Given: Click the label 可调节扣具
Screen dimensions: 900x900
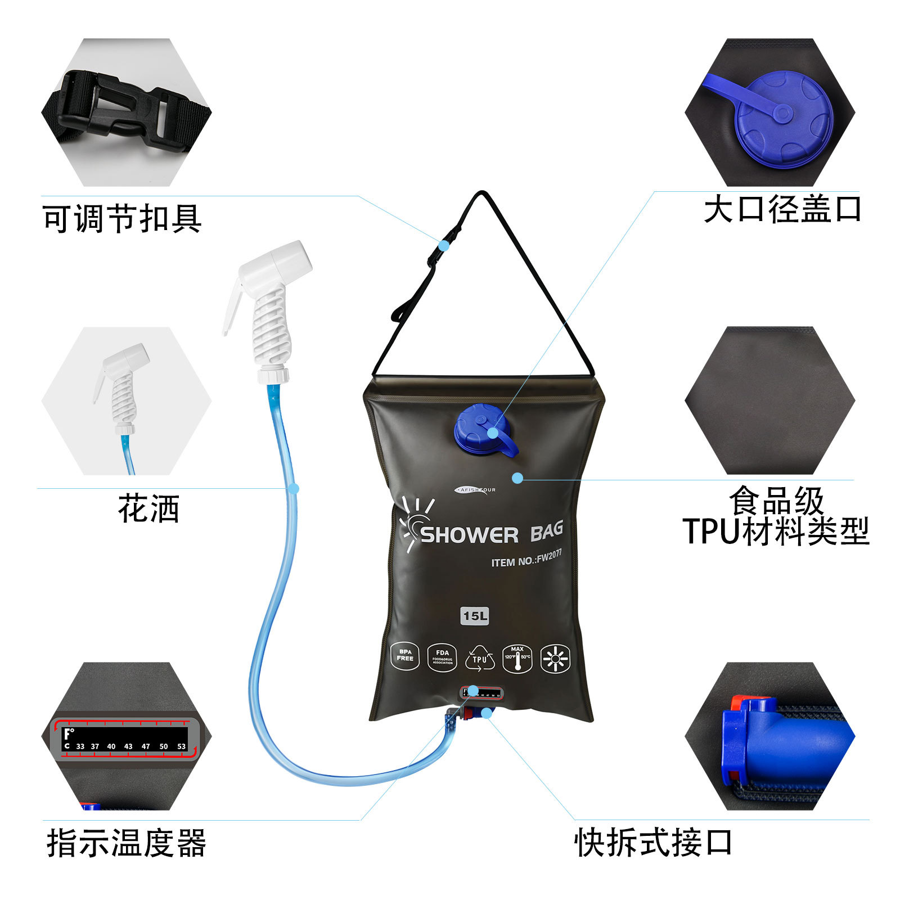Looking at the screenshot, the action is pos(122,218).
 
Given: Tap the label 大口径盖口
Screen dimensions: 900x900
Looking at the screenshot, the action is pos(782,209).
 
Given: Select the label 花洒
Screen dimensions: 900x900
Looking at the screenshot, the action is pos(148,508).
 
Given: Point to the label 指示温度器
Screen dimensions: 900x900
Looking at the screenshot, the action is pos(127,843).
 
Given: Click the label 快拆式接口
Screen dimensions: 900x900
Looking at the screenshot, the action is pos(653,843).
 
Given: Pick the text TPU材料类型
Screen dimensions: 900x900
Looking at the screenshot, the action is pos(776,531).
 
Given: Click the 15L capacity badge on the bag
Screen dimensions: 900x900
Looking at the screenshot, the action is pos(475,616).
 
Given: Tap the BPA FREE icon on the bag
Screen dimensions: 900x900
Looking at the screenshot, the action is pos(405,656).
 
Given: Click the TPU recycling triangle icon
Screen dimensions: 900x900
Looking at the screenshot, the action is pos(480,659).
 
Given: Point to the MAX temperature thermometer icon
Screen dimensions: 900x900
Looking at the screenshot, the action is pos(517,659).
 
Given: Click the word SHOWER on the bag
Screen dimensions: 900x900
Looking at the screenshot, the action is pos(469,535).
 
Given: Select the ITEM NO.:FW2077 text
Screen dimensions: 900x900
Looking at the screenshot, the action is pos(526,559).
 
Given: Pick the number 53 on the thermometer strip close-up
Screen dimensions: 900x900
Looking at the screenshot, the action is pos(181,746).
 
